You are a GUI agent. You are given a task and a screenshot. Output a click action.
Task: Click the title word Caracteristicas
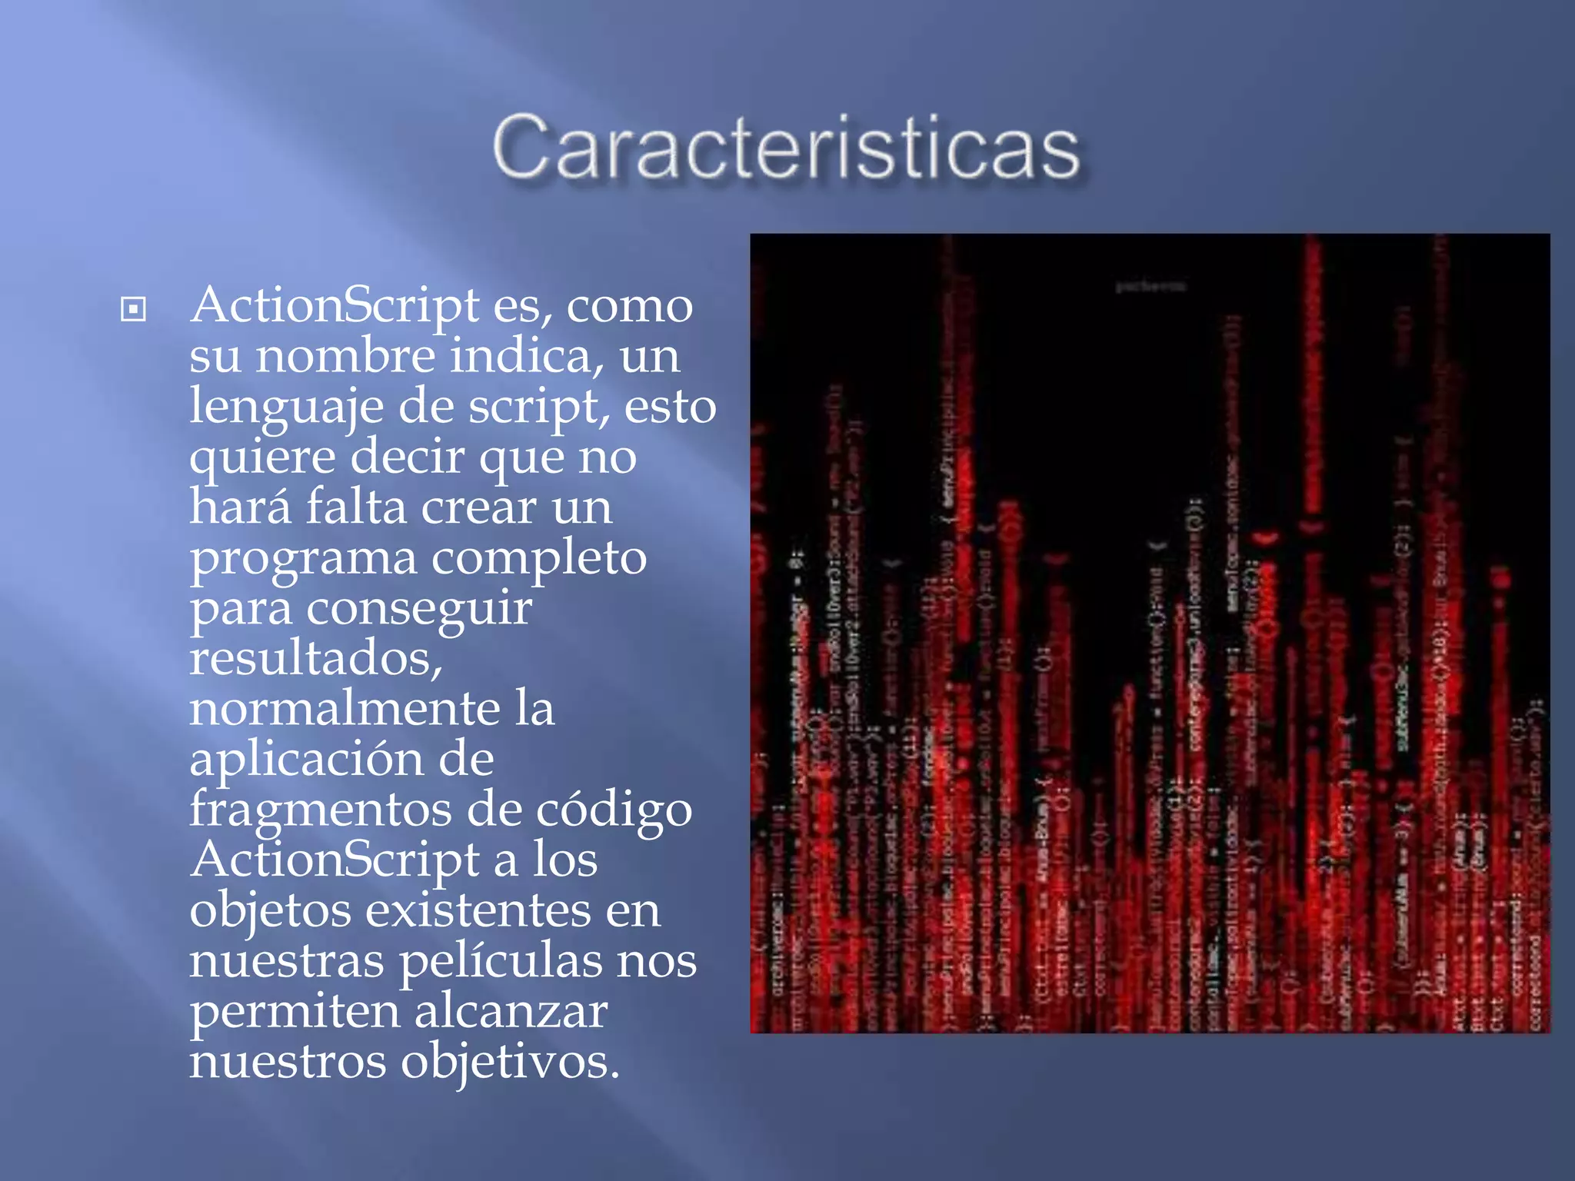tap(786, 148)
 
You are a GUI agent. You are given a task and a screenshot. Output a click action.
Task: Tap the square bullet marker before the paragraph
tap(133, 310)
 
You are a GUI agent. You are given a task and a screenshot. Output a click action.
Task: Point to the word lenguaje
tap(286, 408)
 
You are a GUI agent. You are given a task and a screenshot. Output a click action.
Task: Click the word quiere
tap(262, 458)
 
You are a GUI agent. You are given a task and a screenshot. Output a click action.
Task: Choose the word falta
tap(356, 507)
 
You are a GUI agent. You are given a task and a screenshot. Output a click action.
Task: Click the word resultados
tap(316, 659)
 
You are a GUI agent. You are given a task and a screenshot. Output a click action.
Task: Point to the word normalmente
tap(345, 709)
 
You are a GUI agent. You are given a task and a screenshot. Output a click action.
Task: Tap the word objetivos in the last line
tap(509, 1063)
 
